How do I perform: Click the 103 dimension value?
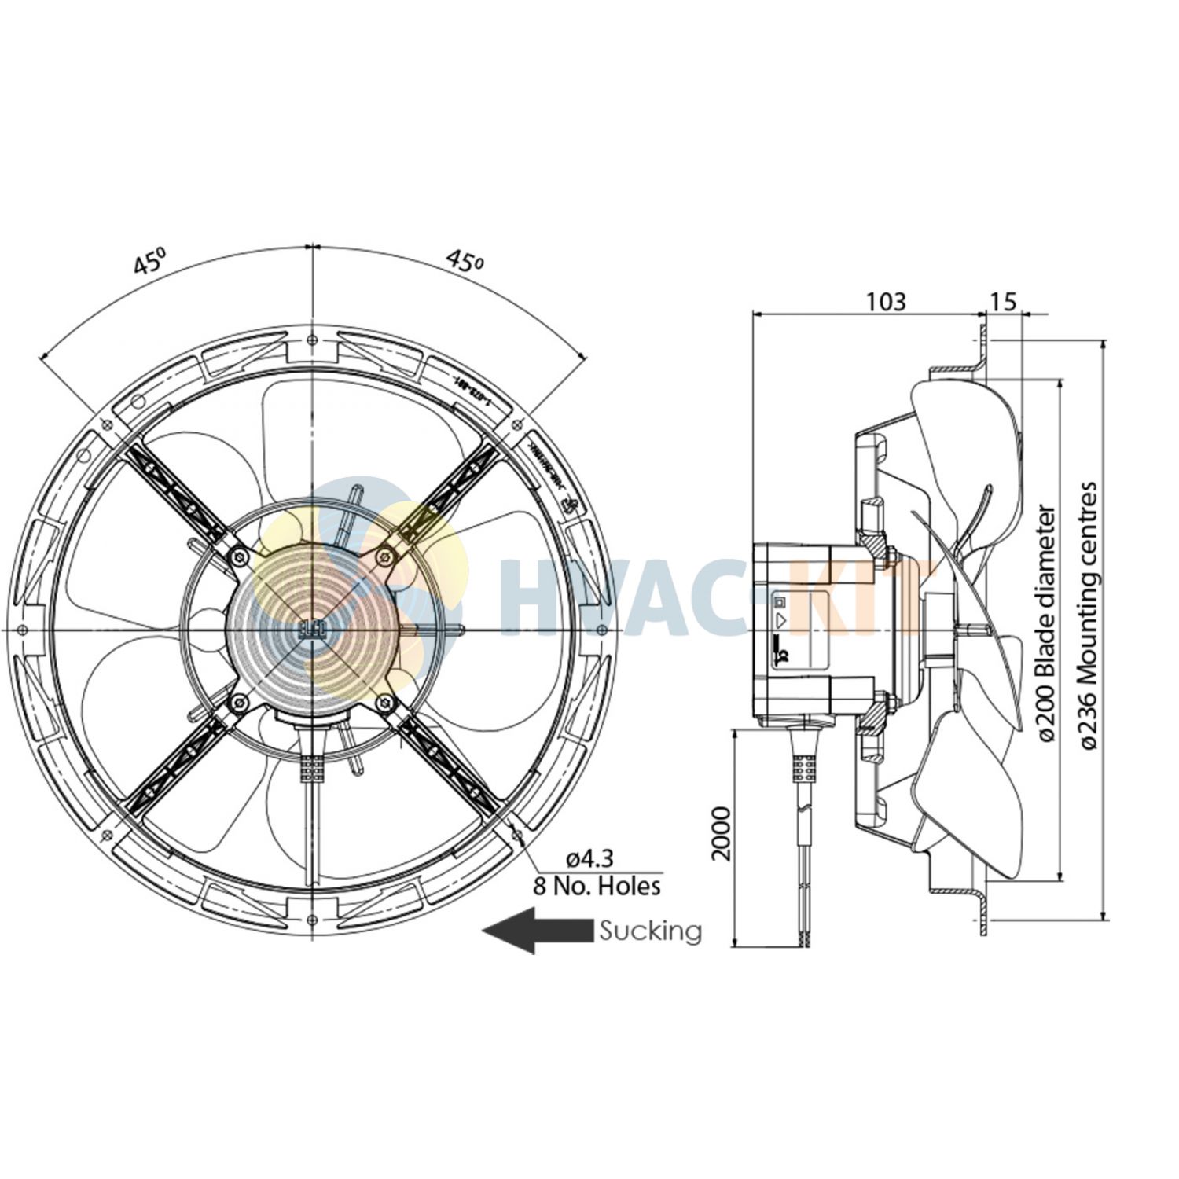886,301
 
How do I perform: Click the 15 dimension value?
1003,301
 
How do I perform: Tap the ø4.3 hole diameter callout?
590,858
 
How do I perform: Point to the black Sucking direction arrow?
538,931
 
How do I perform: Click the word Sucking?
650,931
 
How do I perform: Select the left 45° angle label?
149,261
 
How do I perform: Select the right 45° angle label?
464,261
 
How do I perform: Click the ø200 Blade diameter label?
1045,629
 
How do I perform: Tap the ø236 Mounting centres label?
1089,617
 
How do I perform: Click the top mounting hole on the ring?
313,340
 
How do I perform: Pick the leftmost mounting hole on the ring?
22,630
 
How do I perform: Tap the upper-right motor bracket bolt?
384,556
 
